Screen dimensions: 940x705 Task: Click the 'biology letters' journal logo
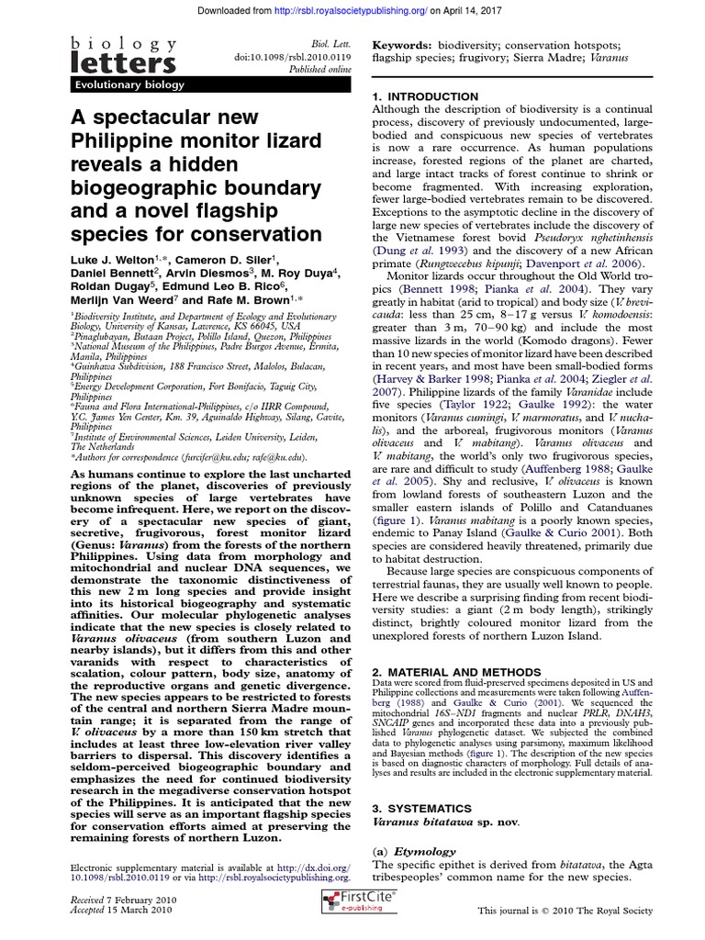tap(123, 55)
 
